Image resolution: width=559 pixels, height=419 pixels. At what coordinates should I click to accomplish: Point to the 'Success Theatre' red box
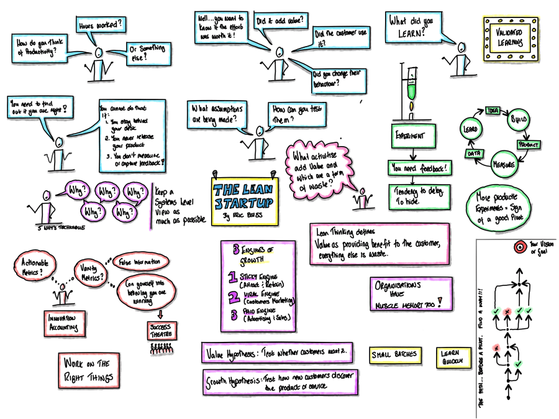(163, 329)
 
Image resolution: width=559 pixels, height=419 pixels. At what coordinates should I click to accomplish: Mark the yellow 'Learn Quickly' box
(452, 356)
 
